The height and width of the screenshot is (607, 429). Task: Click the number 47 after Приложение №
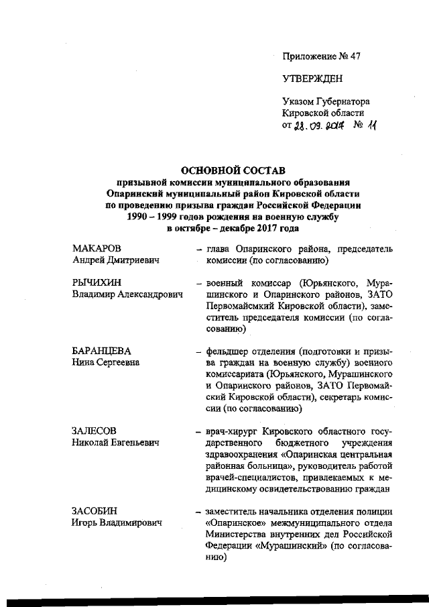pyautogui.click(x=355, y=56)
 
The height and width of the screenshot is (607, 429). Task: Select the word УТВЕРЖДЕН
pyautogui.click(x=312, y=79)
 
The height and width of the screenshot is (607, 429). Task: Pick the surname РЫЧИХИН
pyautogui.click(x=95, y=282)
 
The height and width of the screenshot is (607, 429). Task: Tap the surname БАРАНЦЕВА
pyautogui.click(x=101, y=351)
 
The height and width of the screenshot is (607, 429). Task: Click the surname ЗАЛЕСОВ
pyautogui.click(x=95, y=431)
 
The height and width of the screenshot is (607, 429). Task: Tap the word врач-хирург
pyautogui.click(x=231, y=431)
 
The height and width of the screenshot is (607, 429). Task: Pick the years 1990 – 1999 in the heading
pyautogui.click(x=152, y=217)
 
